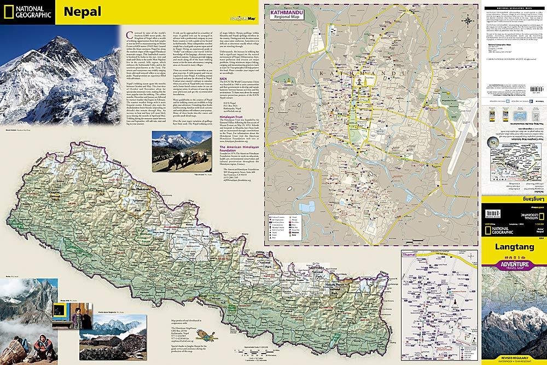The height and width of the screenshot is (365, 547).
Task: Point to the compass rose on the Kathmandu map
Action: click(x=468, y=21)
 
